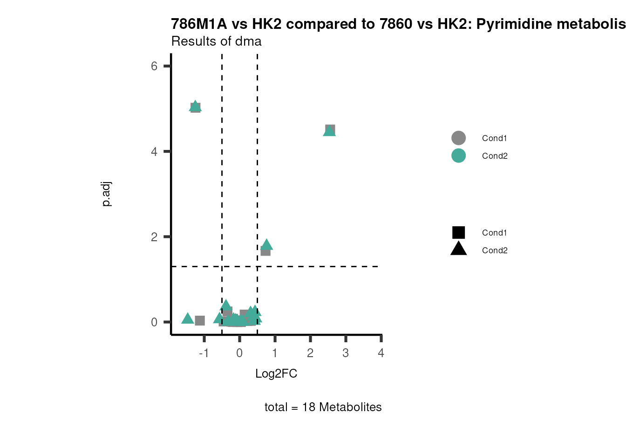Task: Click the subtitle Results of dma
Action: (217, 41)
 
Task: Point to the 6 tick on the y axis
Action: (154, 66)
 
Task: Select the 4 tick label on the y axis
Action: (154, 152)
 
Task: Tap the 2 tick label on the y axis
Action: (154, 237)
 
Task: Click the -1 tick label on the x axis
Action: (204, 353)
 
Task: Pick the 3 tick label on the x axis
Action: (346, 353)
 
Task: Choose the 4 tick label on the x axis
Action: (381, 353)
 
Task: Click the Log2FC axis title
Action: (276, 374)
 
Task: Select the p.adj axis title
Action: (107, 194)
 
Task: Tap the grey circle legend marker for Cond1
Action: (458, 138)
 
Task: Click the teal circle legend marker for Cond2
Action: (458, 156)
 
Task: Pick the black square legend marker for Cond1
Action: (458, 233)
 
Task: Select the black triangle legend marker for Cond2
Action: (458, 249)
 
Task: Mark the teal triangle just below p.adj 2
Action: (267, 244)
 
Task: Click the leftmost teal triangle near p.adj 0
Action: (187, 318)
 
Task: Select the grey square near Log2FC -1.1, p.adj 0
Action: (200, 320)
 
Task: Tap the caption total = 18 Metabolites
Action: (323, 407)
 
